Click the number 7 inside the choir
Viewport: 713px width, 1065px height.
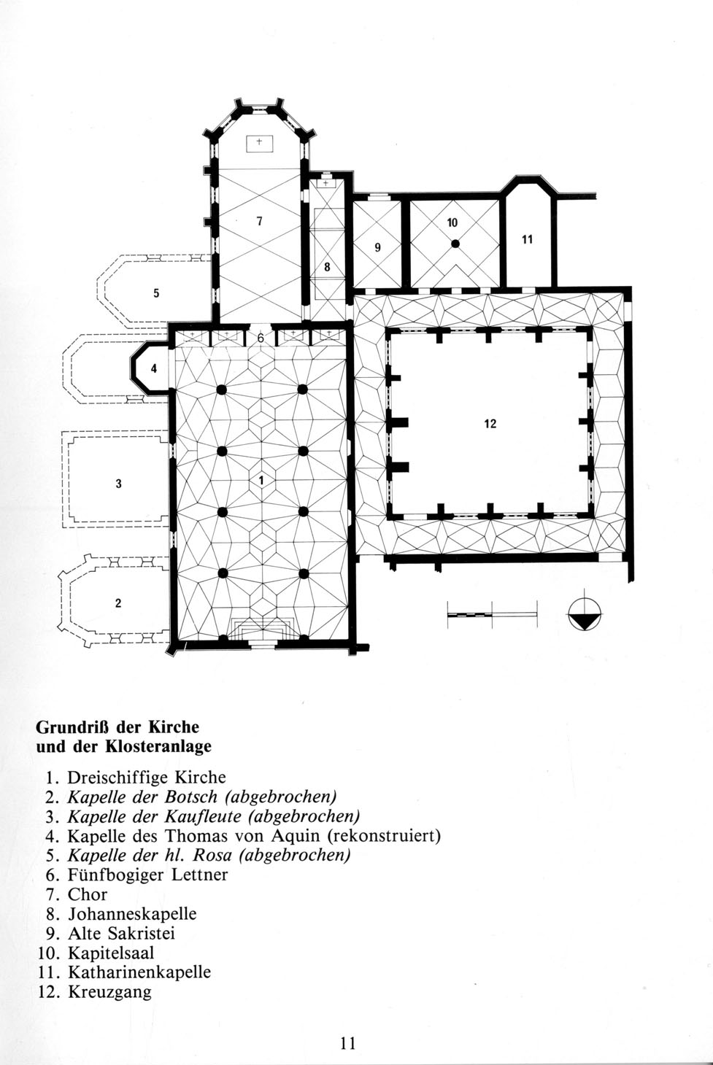(x=259, y=221)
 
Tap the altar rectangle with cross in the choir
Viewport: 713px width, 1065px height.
(x=260, y=144)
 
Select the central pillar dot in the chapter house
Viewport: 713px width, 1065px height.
(x=455, y=244)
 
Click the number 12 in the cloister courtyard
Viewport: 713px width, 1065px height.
(x=490, y=424)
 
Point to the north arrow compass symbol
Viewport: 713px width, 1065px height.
(x=585, y=614)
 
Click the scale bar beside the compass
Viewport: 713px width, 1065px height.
(x=493, y=615)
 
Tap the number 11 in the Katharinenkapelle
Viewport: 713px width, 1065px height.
(x=527, y=239)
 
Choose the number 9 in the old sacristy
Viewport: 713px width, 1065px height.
(x=378, y=247)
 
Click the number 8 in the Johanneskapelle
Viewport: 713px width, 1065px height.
(x=327, y=267)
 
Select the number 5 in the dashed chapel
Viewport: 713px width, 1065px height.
(x=156, y=293)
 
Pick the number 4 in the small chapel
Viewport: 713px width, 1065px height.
(x=154, y=368)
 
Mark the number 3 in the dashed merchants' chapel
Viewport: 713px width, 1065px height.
(x=118, y=484)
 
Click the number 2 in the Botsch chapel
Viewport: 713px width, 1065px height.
(x=118, y=603)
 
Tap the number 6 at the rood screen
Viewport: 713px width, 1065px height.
(x=261, y=338)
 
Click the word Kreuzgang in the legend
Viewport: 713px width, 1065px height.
(x=110, y=992)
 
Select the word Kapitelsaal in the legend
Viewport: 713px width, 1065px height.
(x=112, y=953)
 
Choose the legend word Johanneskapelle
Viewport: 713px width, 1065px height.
(x=132, y=914)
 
